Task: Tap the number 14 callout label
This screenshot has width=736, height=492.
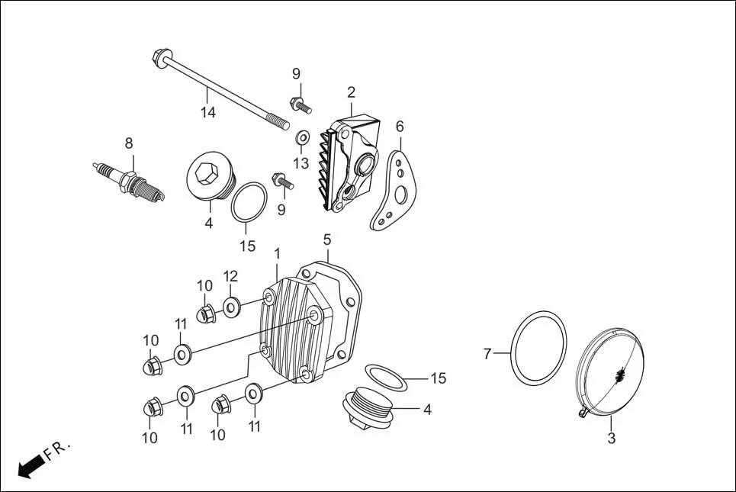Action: click(x=208, y=113)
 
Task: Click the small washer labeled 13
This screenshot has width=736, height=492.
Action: click(x=302, y=138)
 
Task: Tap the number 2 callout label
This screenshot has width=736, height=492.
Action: click(x=351, y=93)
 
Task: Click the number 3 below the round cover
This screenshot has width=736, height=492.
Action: click(x=611, y=439)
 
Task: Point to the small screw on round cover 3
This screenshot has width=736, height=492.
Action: click(x=583, y=413)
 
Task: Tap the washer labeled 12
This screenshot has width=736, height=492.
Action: click(x=232, y=307)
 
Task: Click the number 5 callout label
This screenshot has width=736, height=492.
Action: click(x=326, y=240)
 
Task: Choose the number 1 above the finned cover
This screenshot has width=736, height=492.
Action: click(x=277, y=252)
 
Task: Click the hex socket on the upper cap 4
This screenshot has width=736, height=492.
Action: click(x=205, y=175)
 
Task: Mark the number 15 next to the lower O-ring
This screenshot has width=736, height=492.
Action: click(x=438, y=378)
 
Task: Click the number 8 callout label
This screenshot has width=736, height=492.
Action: click(x=129, y=143)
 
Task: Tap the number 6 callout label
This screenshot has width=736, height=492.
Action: click(x=400, y=126)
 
